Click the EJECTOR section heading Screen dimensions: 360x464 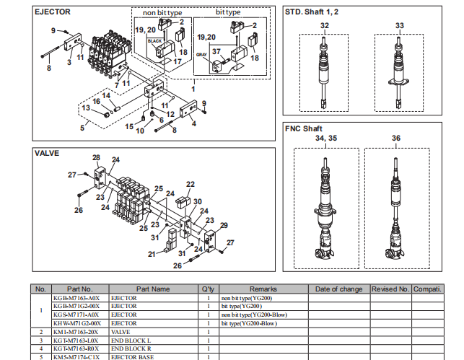click(x=52, y=12)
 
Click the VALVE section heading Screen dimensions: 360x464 click(x=47, y=153)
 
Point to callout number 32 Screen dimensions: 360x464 click(x=325, y=25)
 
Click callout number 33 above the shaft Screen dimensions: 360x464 click(x=399, y=25)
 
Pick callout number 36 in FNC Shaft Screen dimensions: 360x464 click(x=396, y=138)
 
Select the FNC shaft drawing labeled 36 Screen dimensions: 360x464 click(x=396, y=209)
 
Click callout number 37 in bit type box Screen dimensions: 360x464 click(x=216, y=51)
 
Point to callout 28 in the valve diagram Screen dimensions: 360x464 click(x=96, y=157)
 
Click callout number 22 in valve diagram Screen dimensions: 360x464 click(x=191, y=185)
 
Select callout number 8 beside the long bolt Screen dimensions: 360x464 click(x=49, y=68)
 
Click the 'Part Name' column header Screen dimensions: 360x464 click(x=153, y=289)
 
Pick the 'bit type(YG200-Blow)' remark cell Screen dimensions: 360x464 click(x=249, y=323)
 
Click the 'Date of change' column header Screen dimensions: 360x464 click(x=338, y=289)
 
